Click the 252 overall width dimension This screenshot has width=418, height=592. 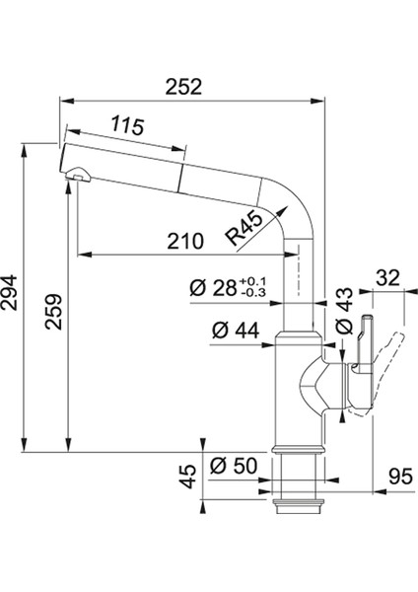[x=183, y=87]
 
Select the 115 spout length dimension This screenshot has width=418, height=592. [x=127, y=125]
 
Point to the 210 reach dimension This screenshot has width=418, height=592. [x=185, y=241]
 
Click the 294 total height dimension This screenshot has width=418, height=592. [x=9, y=293]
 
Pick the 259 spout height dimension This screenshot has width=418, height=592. [x=53, y=312]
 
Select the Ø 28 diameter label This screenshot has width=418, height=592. [x=213, y=289]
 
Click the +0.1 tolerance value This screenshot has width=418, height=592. [x=252, y=281]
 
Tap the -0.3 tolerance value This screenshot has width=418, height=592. [x=252, y=292]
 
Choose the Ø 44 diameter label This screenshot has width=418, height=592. [x=236, y=331]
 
